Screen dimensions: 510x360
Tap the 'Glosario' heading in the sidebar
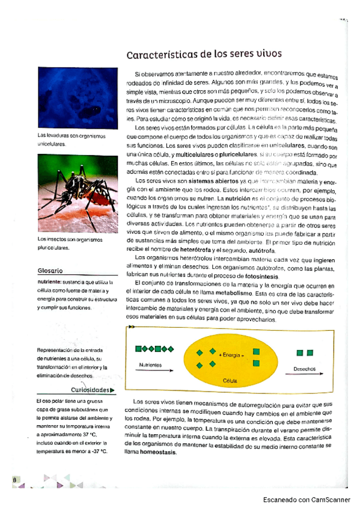(x=51, y=271)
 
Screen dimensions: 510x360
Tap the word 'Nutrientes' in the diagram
(x=150, y=365)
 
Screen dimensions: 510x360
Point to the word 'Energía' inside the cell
(x=231, y=355)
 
